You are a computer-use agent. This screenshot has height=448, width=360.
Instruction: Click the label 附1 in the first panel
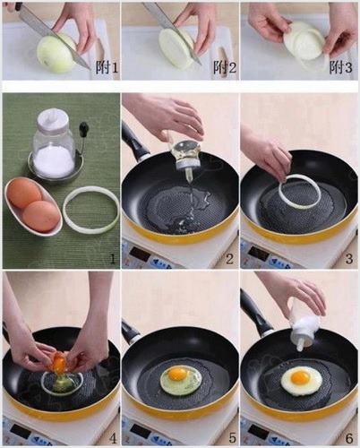point(107,68)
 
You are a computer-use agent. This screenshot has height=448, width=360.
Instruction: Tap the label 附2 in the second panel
point(225,68)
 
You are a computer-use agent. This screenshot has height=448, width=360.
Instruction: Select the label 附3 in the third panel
point(340,68)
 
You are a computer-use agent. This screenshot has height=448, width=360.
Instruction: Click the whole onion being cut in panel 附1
point(56,54)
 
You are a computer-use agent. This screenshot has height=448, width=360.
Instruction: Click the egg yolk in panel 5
point(176,374)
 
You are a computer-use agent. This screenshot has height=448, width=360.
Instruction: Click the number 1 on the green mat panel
point(112,259)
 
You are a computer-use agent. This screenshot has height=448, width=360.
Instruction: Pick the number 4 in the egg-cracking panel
point(112,438)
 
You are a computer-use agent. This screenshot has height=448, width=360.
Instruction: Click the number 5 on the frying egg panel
point(233,438)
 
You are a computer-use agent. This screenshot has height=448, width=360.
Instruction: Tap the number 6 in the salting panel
point(349,438)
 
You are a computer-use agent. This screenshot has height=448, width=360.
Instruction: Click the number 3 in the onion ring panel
point(348,259)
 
